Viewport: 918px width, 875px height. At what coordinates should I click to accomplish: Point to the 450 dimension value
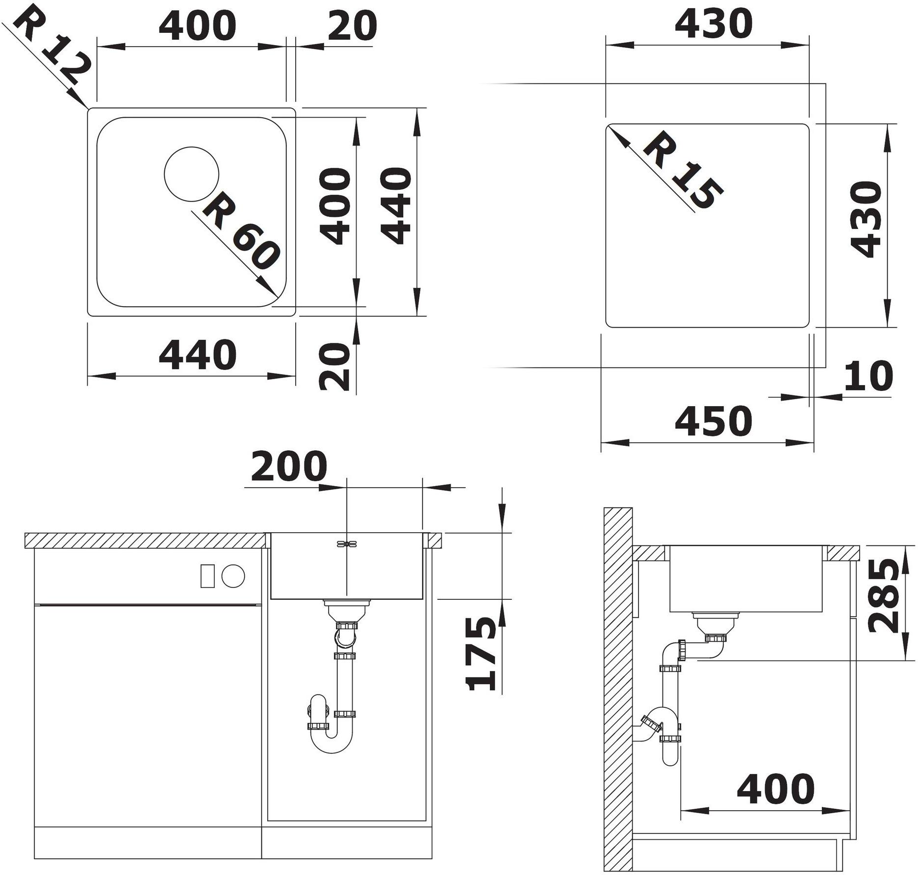click(714, 421)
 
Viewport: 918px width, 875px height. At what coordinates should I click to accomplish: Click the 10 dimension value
click(868, 376)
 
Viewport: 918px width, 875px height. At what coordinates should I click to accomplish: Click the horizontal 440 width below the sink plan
click(198, 355)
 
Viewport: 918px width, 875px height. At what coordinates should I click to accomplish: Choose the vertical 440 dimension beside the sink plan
click(396, 206)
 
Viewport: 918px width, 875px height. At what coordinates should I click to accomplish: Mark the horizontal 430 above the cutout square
click(714, 24)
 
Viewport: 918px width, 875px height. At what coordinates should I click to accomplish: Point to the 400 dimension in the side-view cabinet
click(776, 789)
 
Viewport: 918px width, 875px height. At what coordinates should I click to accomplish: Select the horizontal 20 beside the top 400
click(352, 26)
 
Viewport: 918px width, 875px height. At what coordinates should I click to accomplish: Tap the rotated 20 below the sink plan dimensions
click(334, 366)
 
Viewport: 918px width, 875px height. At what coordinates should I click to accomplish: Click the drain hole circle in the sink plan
click(191, 175)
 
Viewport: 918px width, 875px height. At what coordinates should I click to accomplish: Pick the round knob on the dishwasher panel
click(233, 575)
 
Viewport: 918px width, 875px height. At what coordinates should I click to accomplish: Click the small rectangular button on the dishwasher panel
click(207, 576)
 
